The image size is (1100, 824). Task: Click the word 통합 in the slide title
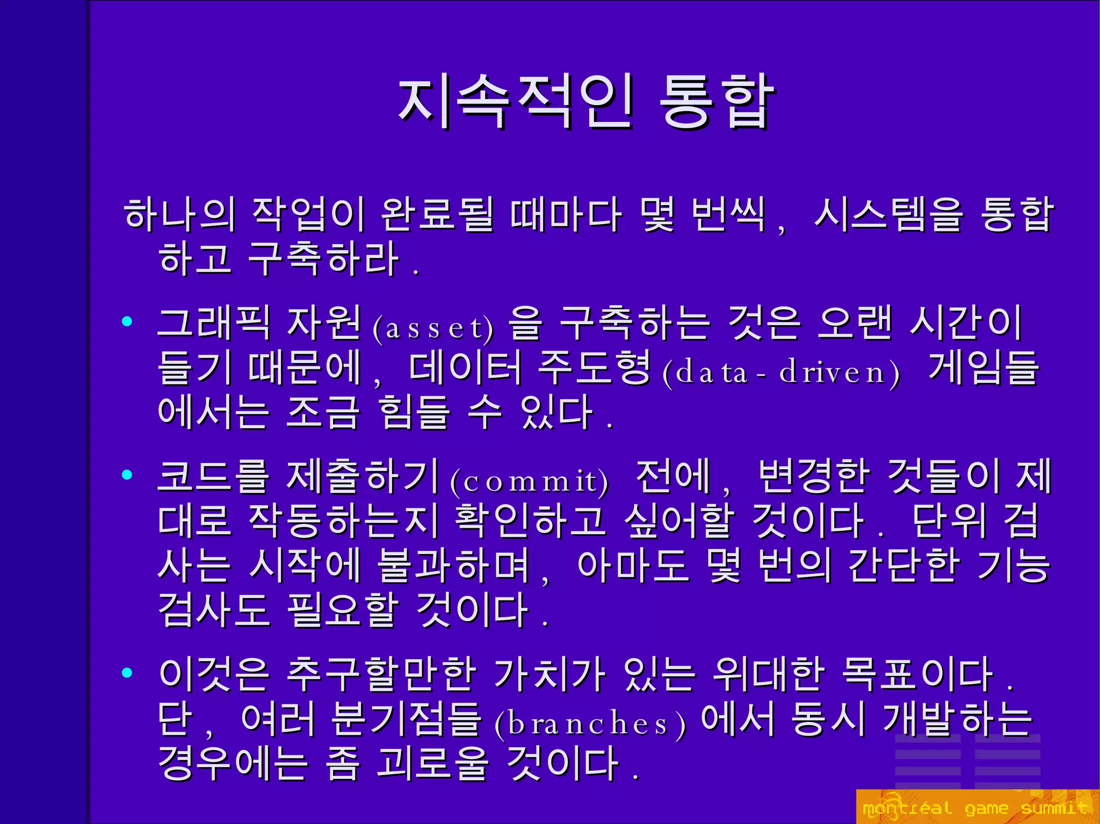716,102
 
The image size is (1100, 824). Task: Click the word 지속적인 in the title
515,102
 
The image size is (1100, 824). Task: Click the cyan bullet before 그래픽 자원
127,322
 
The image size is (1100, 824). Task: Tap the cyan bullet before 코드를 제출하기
127,475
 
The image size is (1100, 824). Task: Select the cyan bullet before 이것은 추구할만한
127,672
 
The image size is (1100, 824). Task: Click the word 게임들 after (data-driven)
983,368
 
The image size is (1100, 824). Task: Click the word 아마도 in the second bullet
633,565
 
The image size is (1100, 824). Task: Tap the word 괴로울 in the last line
433,763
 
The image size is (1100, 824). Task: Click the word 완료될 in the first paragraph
436,214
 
